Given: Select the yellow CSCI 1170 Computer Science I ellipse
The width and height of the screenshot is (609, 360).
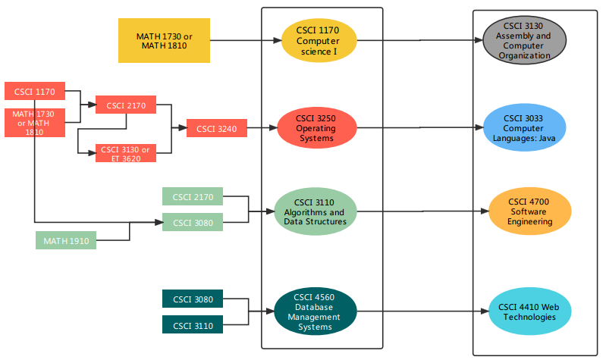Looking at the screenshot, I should click(318, 40).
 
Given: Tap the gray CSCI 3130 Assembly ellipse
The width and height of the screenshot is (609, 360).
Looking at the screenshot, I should click(524, 40).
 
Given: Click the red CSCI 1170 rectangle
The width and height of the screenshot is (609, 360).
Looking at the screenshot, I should click(34, 91).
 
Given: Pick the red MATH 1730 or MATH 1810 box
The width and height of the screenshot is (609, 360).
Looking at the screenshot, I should click(34, 122).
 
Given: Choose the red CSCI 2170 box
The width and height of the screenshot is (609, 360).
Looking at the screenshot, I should click(126, 105).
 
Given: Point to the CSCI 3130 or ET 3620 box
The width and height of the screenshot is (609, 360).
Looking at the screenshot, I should click(125, 153).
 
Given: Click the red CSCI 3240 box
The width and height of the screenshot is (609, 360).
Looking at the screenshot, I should click(217, 129).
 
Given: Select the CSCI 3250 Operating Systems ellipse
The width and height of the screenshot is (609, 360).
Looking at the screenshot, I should click(315, 129).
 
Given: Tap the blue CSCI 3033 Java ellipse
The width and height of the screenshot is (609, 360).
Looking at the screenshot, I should click(523, 128).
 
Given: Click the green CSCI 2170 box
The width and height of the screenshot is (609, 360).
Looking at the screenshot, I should click(193, 197).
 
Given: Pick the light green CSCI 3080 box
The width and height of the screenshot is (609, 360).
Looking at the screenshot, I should click(193, 223).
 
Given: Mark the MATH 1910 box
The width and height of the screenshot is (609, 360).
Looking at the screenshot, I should click(66, 241).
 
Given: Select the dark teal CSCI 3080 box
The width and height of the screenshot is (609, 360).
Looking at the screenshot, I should click(193, 299).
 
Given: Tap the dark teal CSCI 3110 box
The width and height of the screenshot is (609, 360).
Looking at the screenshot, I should click(193, 325).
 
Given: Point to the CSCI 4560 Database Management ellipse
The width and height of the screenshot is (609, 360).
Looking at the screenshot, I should click(314, 311).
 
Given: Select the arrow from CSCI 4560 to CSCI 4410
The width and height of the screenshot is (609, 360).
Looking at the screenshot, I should click(421, 311).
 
